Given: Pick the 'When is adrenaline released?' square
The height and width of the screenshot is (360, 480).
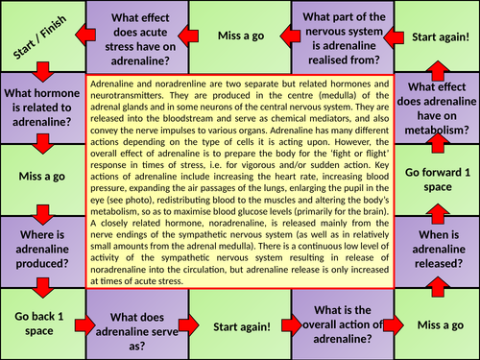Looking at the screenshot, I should coord(437,252).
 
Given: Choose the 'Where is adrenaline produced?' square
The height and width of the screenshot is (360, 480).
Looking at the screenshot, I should coord(41,252).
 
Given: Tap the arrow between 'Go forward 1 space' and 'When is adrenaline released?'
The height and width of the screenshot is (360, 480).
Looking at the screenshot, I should coord(438,218).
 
